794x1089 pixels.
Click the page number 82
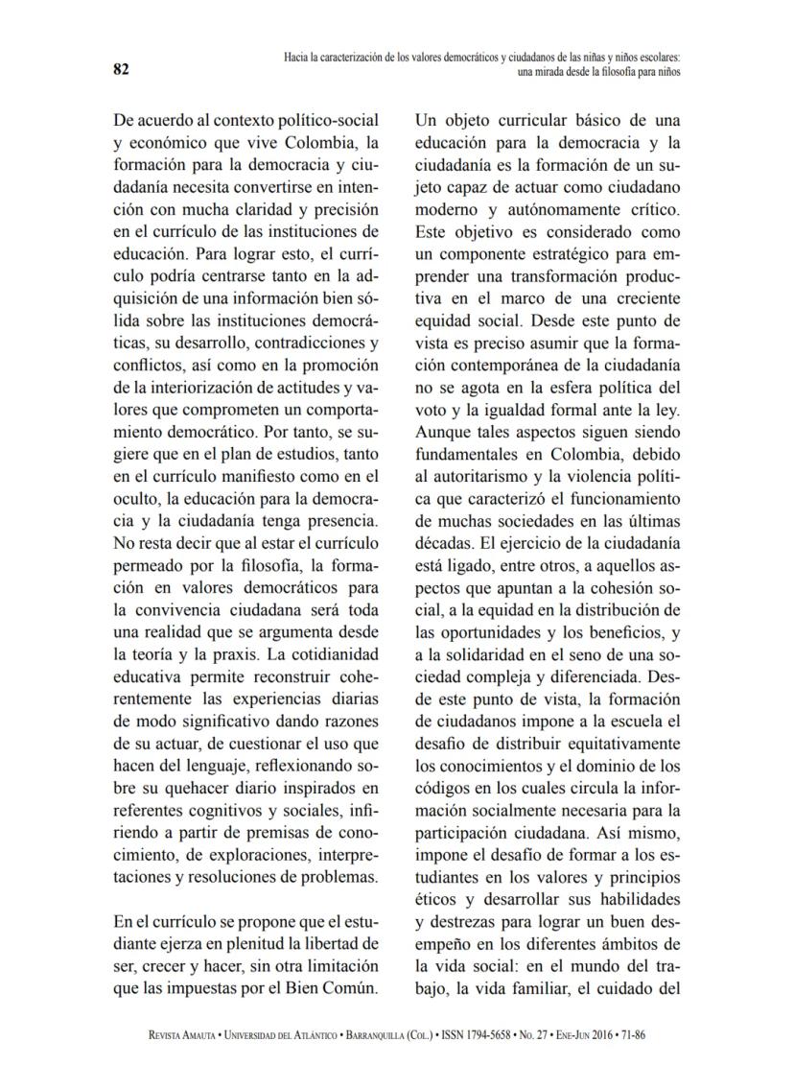122,69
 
